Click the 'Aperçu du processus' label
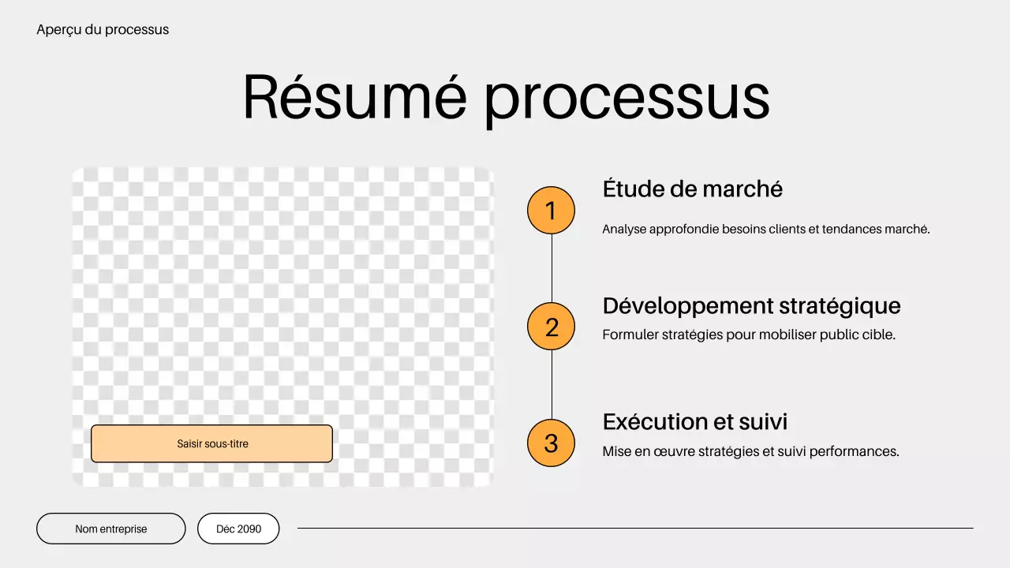[103, 30]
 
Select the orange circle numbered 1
[551, 211]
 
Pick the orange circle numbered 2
[551, 327]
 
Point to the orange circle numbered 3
[551, 443]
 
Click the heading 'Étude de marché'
[692, 189]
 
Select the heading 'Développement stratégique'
[751, 305]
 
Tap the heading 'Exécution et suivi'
[694, 422]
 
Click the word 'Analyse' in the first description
[623, 230]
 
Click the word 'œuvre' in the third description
[668, 452]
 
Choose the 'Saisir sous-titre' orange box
[211, 443]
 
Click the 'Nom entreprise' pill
[111, 529]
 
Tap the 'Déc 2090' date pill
[238, 529]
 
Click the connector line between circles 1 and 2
[552, 268]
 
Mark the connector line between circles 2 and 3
[552, 385]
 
